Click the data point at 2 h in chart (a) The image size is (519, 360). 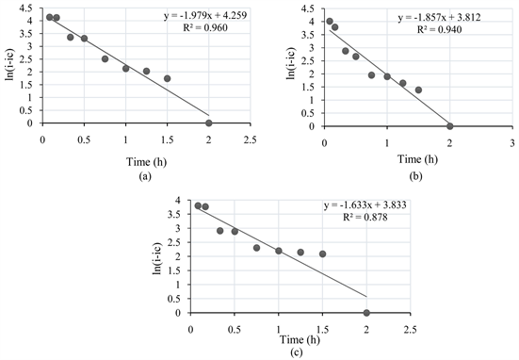point(208,123)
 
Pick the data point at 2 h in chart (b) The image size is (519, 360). point(450,125)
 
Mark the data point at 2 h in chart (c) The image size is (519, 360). point(366,313)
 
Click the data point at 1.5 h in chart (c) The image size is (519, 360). point(322,254)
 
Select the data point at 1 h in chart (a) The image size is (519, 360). point(125,68)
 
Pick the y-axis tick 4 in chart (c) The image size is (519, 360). point(178,201)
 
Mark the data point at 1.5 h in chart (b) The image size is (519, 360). point(418,90)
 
